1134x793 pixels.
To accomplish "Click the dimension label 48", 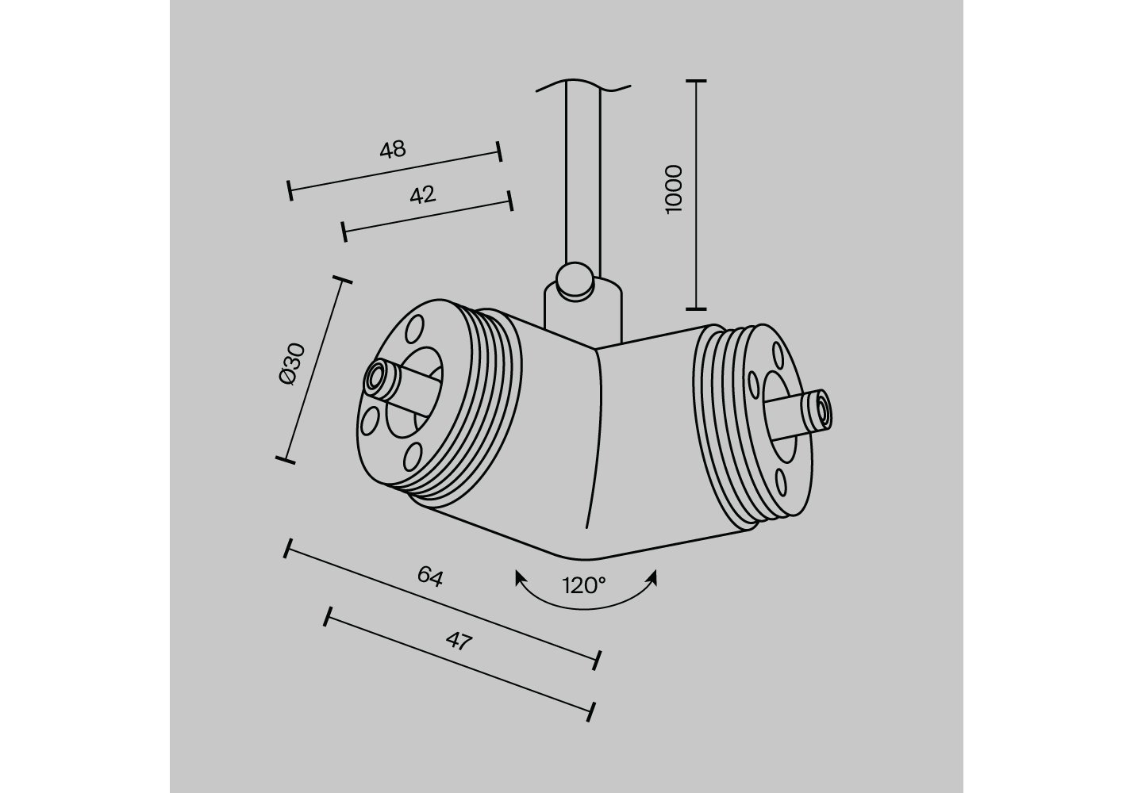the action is point(393,150).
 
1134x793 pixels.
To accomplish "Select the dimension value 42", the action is point(423,195).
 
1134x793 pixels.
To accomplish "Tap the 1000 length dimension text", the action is point(674,190).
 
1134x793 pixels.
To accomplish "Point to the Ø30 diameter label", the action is point(293,364).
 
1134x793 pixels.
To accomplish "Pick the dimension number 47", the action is point(459,642).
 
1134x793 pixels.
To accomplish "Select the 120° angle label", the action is point(584,586).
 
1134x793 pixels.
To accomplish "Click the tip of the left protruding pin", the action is point(375,377).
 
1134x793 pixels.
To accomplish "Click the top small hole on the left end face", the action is point(414,329).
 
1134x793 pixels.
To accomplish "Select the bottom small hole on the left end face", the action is point(413,457).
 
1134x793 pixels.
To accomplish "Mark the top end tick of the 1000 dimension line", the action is point(697,81).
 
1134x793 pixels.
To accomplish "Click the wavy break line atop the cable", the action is point(583,86).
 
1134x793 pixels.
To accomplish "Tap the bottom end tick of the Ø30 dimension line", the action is point(286,460).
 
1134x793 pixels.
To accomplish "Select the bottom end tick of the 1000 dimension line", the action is point(697,308).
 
